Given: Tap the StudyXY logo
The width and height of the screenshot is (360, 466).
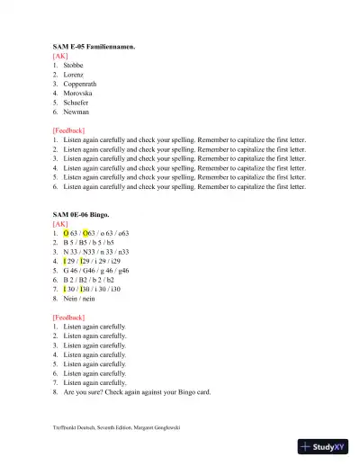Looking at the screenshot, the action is click(328, 447).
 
